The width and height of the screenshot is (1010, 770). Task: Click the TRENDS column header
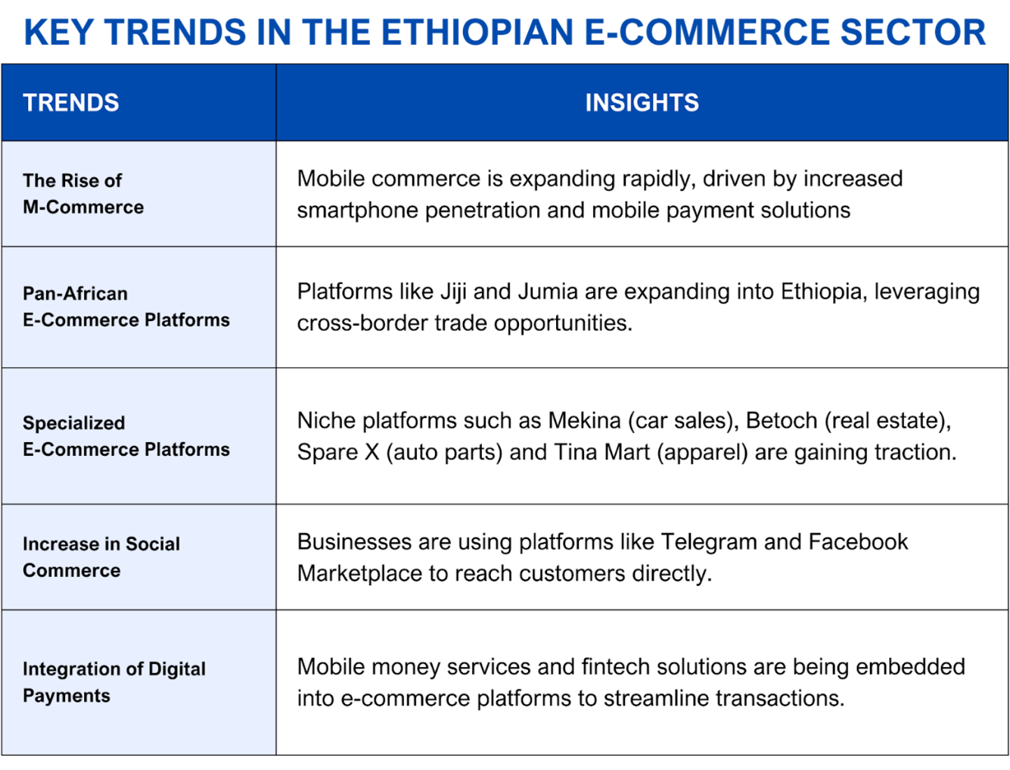(71, 102)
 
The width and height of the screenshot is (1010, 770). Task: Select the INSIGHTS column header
(642, 102)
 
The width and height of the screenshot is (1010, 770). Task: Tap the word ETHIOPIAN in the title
(477, 32)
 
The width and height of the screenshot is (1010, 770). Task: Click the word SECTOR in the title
(913, 32)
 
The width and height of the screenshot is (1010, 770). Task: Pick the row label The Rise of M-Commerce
(83, 194)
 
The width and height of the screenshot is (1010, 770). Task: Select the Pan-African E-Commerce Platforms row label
(126, 307)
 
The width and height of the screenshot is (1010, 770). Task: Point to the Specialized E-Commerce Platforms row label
(126, 436)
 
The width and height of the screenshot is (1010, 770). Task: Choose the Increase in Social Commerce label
(101, 556)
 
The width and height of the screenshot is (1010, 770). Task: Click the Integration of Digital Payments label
(114, 682)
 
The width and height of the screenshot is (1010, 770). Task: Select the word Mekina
(584, 421)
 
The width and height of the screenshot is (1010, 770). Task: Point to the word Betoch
(782, 421)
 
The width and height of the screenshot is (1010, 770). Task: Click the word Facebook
(858, 542)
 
